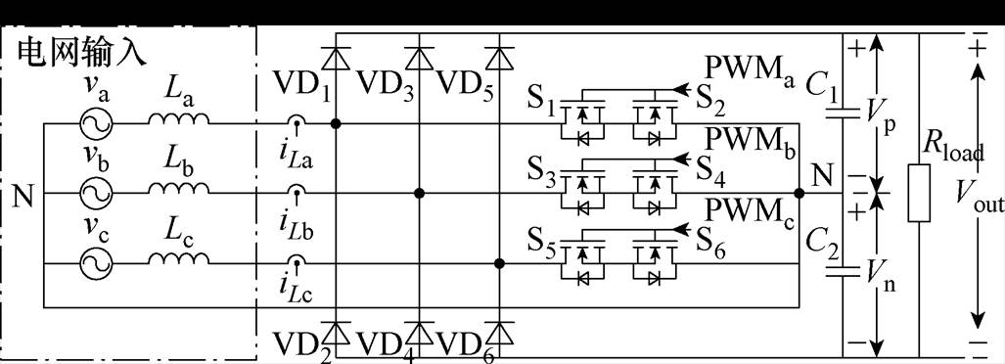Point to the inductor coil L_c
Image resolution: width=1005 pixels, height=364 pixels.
[x=179, y=257]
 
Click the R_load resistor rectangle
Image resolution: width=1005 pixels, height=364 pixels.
[x=917, y=194]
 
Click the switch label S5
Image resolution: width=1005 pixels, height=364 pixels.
[x=544, y=248]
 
